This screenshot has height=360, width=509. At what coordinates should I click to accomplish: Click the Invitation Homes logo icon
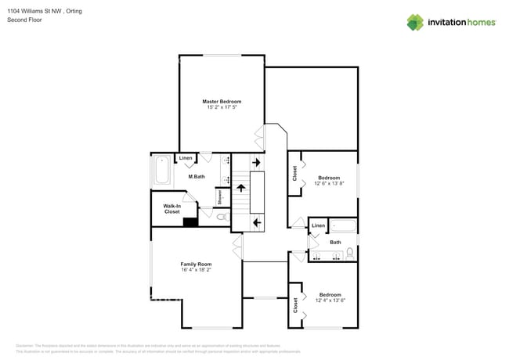pyautogui.click(x=414, y=22)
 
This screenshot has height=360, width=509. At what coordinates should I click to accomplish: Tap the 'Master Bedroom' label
pyautogui.click(x=222, y=101)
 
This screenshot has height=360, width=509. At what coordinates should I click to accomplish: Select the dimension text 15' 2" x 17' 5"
pyautogui.click(x=222, y=107)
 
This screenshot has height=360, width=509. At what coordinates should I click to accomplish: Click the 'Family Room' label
pyautogui.click(x=196, y=264)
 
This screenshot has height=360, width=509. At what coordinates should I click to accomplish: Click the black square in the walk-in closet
pyautogui.click(x=189, y=221)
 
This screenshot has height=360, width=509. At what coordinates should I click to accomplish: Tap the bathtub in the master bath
pyautogui.click(x=162, y=171)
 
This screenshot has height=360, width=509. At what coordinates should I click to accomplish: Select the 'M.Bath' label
pyautogui.click(x=196, y=177)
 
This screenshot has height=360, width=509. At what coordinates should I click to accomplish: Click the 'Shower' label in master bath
pyautogui.click(x=220, y=196)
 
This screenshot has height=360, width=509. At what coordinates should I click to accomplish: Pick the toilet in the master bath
pyautogui.click(x=222, y=216)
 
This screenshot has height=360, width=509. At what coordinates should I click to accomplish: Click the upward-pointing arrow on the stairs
pyautogui.click(x=241, y=188)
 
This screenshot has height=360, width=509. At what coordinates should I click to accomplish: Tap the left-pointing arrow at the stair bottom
pyautogui.click(x=257, y=223)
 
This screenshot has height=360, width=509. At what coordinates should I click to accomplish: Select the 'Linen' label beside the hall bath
pyautogui.click(x=317, y=225)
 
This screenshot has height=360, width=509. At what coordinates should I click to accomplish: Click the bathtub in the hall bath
pyautogui.click(x=343, y=226)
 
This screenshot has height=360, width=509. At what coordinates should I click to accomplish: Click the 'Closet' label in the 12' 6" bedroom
pyautogui.click(x=294, y=173)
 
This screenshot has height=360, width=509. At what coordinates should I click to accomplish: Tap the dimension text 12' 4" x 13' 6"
pyautogui.click(x=330, y=301)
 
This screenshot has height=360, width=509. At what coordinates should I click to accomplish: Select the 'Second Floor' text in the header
pyautogui.click(x=24, y=20)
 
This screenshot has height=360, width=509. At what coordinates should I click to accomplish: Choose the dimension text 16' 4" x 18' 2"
pyautogui.click(x=196, y=270)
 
